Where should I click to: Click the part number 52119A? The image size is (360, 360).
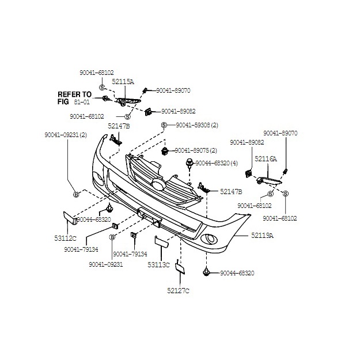tap(262, 236)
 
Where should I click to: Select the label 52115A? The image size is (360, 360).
tap(123, 82)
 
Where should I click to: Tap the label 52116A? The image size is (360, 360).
tap(266, 158)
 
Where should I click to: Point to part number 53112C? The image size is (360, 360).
tap(66, 237)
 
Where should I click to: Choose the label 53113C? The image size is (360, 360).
tap(158, 264)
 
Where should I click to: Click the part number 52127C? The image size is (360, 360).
tap(178, 290)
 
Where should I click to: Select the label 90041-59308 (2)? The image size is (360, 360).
tap(197, 125)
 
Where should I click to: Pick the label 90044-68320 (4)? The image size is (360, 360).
tap(217, 163)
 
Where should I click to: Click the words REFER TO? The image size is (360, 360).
tap(74, 94)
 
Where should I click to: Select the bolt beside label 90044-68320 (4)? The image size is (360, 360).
tap(189, 164)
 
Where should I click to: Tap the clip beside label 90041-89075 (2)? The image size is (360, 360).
tap(166, 152)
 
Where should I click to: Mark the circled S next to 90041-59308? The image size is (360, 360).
tap(164, 125)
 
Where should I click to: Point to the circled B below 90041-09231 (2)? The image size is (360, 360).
tap(75, 194)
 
